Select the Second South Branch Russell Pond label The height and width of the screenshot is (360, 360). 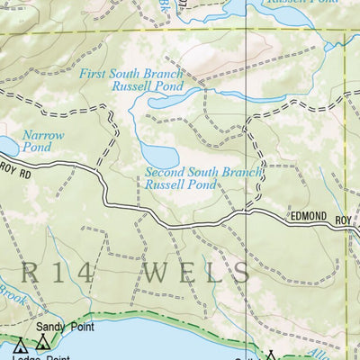pos(203,178)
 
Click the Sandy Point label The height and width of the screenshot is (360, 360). pos(58,328)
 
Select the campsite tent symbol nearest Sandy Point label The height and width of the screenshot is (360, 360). pos(42,343)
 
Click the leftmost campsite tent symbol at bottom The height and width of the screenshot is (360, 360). pos(19,344)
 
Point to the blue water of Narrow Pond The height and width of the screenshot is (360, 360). pos(7,147)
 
